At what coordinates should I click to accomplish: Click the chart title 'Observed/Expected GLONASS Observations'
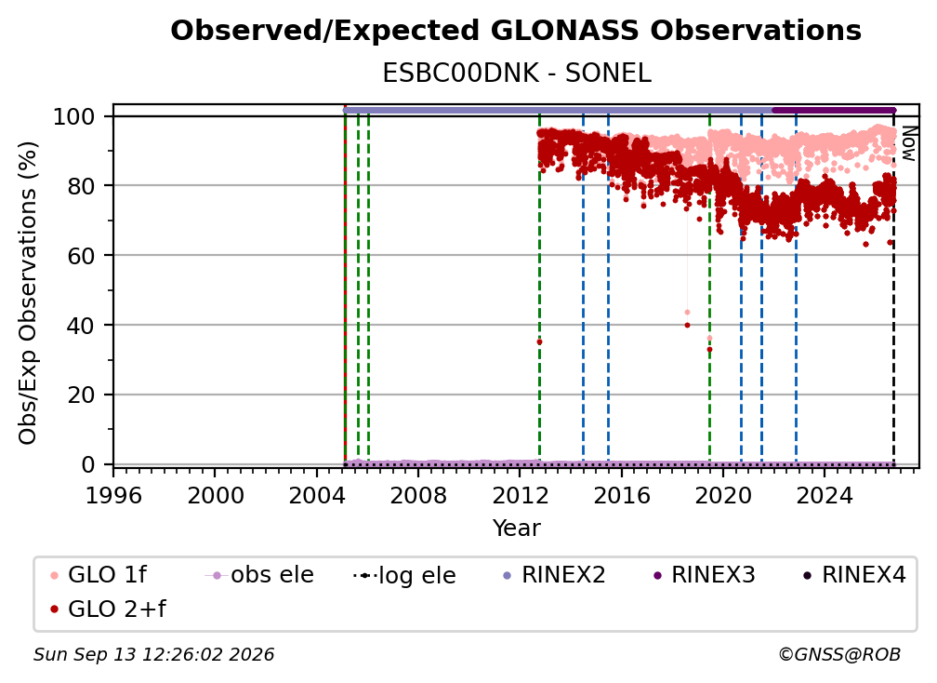point(516,31)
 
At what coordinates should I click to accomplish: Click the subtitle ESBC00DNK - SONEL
point(516,74)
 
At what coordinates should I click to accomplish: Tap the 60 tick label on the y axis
point(81,255)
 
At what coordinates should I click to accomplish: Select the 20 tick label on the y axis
point(81,395)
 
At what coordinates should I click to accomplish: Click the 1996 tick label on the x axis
point(113,495)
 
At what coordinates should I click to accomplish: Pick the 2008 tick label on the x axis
point(417,495)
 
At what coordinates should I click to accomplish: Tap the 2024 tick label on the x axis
point(824,495)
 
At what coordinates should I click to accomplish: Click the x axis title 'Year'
point(516,529)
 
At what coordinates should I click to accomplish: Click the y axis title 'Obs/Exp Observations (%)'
point(28,293)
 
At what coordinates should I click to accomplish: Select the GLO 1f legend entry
point(99,575)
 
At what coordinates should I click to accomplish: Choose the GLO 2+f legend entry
point(109,609)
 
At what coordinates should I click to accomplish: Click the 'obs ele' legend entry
point(259,575)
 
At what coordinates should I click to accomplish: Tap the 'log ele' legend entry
point(404,575)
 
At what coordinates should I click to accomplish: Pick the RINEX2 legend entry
point(555,575)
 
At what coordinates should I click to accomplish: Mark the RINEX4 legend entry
point(854,575)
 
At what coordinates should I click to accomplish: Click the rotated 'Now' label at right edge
point(908,143)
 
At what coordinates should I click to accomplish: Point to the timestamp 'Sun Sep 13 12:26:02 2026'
point(153,654)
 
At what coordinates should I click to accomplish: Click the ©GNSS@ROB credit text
point(839,654)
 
